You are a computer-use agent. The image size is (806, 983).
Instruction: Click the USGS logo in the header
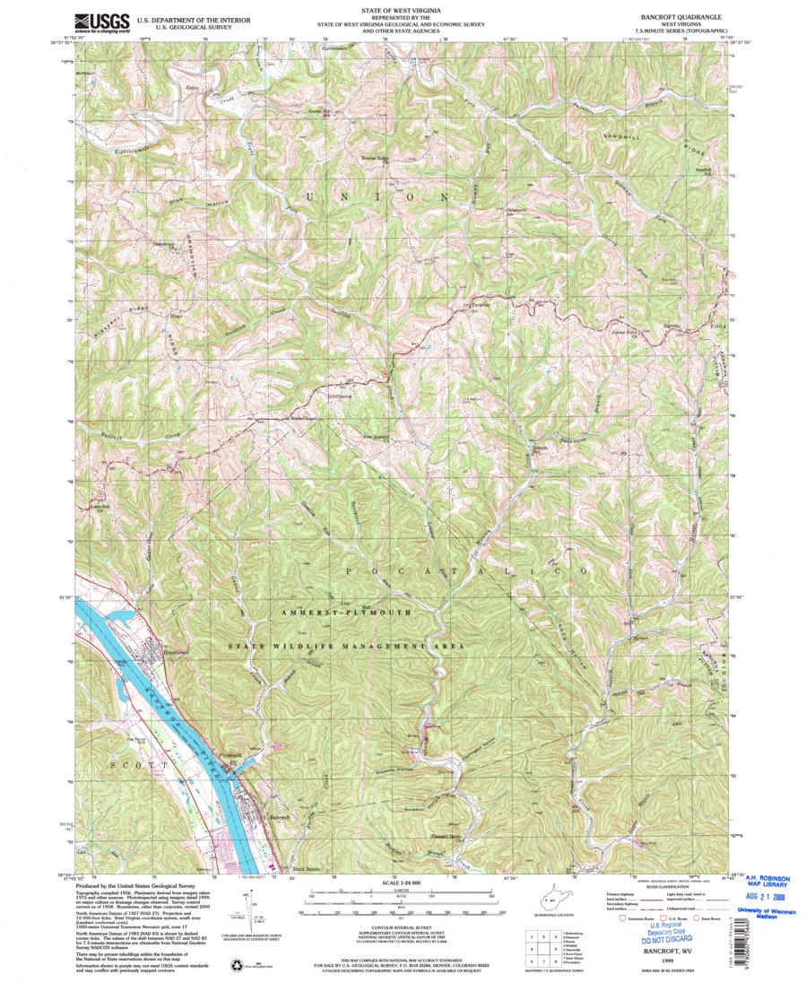[102, 22]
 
